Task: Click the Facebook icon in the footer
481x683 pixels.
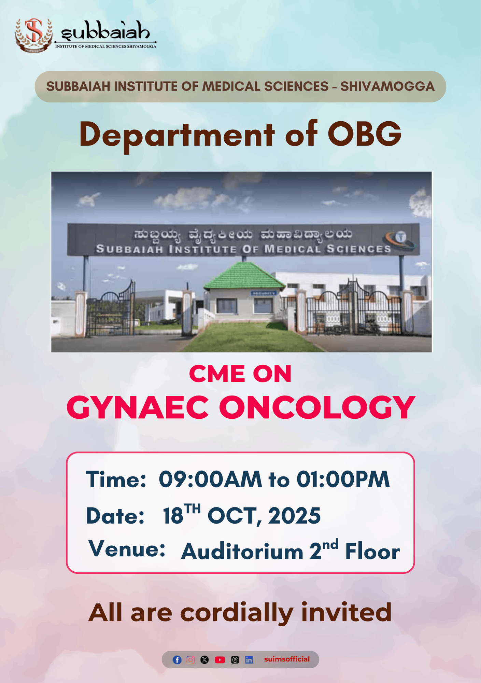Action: [x=177, y=660]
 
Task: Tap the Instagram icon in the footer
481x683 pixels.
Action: [x=191, y=660]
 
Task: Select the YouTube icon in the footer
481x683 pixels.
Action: [x=220, y=660]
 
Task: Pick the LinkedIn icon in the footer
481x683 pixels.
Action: [x=249, y=660]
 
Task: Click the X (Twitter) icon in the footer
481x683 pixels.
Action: [x=204, y=660]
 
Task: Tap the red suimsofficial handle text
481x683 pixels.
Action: [x=287, y=659]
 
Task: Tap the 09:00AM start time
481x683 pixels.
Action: [x=210, y=479]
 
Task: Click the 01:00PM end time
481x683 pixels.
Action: [x=343, y=479]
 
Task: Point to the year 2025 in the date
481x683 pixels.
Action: [x=294, y=515]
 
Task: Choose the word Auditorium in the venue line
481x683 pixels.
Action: [x=242, y=552]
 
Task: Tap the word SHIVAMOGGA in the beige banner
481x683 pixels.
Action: [x=387, y=86]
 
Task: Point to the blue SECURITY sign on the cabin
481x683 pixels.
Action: [x=263, y=293]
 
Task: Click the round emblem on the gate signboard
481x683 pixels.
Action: [x=401, y=237]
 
